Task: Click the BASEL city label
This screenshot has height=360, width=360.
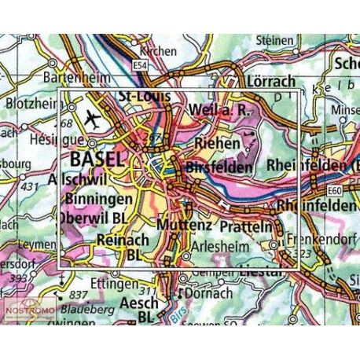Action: (x=97, y=160)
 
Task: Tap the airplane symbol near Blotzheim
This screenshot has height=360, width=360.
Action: (x=93, y=121)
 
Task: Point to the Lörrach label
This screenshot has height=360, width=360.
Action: (x=251, y=82)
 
